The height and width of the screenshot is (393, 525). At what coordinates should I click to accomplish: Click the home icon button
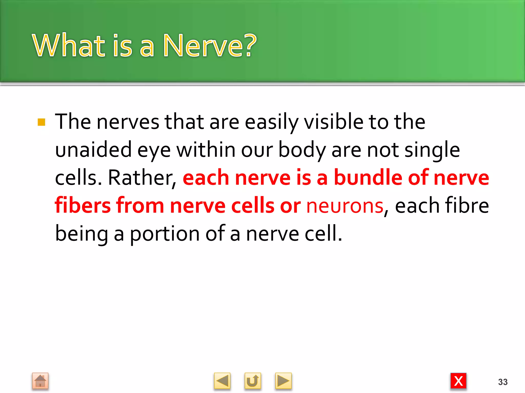[x=40, y=381]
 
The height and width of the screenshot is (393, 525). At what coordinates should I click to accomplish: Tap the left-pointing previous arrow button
[x=222, y=381]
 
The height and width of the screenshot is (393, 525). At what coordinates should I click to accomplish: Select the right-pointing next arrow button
[x=283, y=381]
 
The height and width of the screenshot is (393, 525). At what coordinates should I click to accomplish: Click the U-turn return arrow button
[x=253, y=381]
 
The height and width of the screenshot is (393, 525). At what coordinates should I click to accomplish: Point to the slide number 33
[x=503, y=382]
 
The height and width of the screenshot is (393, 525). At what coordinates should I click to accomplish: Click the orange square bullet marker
[x=41, y=122]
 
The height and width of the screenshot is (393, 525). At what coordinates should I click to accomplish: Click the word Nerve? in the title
[x=210, y=46]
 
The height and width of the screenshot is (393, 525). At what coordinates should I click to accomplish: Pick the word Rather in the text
[x=142, y=178]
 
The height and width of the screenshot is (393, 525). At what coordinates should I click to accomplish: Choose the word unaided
[x=93, y=150]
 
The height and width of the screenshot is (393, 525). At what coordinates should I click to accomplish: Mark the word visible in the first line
[x=334, y=122]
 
